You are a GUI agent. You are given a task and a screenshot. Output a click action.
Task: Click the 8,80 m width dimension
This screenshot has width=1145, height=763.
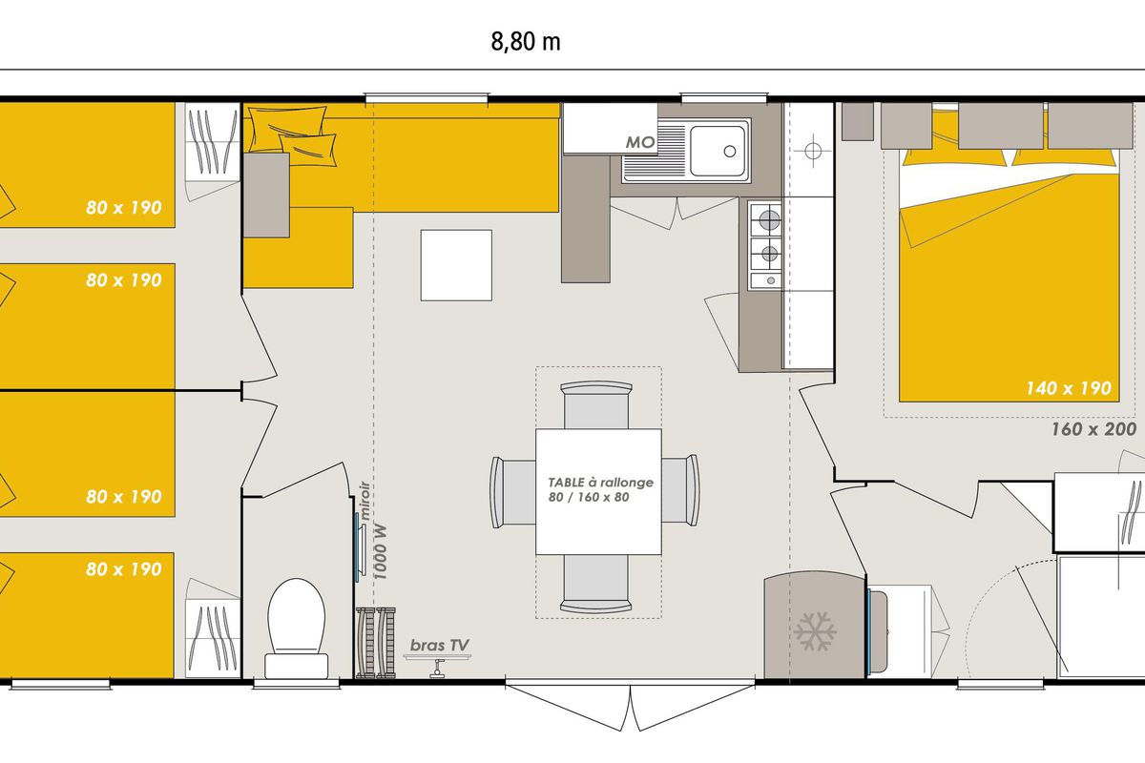pyautogui.click(x=526, y=41)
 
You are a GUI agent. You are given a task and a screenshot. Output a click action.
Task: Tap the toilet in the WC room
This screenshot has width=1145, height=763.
pyautogui.click(x=297, y=629)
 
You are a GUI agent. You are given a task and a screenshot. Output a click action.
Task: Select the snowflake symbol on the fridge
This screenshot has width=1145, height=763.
pyautogui.click(x=815, y=631)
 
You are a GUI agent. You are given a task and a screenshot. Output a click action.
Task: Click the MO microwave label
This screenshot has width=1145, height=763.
pyautogui.click(x=640, y=142)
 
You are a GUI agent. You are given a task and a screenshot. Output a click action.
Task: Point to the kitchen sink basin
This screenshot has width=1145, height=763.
pyautogui.click(x=718, y=151)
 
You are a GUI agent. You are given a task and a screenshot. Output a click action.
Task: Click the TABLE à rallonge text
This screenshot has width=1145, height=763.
pyautogui.click(x=600, y=483)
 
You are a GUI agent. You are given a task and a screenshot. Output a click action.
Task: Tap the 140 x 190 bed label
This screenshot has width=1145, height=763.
pyautogui.click(x=1069, y=388)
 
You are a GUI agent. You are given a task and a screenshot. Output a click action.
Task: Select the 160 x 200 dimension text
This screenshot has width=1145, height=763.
pyautogui.click(x=1093, y=429)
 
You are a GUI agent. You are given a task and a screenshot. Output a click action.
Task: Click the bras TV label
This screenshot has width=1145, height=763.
pyautogui.click(x=440, y=645)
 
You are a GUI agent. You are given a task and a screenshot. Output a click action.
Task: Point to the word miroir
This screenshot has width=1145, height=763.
pyautogui.click(x=364, y=501)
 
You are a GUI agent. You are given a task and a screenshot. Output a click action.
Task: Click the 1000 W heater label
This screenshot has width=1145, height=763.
pyautogui.click(x=381, y=552)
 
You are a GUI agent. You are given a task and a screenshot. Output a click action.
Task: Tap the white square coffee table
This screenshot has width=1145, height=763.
pyautogui.click(x=456, y=265)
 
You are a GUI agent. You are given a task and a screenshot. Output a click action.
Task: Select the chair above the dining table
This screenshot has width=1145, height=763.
pyautogui.click(x=596, y=404)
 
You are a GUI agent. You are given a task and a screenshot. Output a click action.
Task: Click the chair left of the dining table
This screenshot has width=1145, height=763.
pyautogui.click(x=513, y=491)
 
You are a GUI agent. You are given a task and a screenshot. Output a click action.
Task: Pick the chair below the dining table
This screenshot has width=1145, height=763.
pyautogui.click(x=596, y=584)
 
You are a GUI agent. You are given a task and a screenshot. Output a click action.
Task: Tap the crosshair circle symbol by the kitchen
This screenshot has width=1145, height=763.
pyautogui.click(x=813, y=151)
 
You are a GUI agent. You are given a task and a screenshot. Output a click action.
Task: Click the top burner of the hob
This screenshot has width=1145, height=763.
pyautogui.click(x=769, y=220)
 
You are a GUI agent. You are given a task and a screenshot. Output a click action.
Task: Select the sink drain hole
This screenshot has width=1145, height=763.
pyautogui.click(x=730, y=152)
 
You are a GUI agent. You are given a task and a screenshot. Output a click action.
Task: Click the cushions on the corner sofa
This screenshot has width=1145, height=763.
pyautogui.click(x=297, y=134)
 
